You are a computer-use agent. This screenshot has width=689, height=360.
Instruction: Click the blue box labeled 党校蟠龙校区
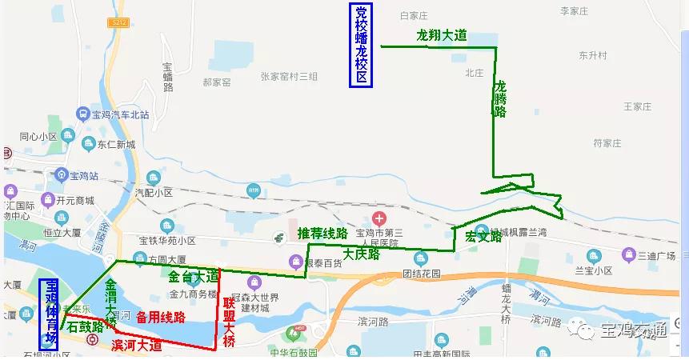(x=362, y=46)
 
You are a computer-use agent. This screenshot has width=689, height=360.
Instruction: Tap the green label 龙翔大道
(x=442, y=36)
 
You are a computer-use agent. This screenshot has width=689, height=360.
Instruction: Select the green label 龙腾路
(x=500, y=99)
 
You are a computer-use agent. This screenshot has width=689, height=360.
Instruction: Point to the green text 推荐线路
(x=322, y=234)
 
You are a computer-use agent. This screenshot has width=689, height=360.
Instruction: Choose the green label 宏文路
(x=483, y=237)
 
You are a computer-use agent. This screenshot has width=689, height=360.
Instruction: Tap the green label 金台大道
(x=193, y=277)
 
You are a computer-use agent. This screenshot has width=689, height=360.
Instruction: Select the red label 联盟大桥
(x=229, y=322)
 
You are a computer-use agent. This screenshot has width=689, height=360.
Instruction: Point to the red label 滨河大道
(x=137, y=346)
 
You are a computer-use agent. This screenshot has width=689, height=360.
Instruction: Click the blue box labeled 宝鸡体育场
(x=50, y=313)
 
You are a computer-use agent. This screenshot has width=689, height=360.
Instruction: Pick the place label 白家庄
(x=415, y=15)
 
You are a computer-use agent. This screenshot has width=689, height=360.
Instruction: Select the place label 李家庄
(x=574, y=11)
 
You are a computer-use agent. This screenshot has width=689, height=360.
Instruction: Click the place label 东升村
(x=593, y=56)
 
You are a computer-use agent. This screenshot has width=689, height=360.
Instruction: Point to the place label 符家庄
(x=607, y=144)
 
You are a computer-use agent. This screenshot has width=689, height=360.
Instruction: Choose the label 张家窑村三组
(x=289, y=77)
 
